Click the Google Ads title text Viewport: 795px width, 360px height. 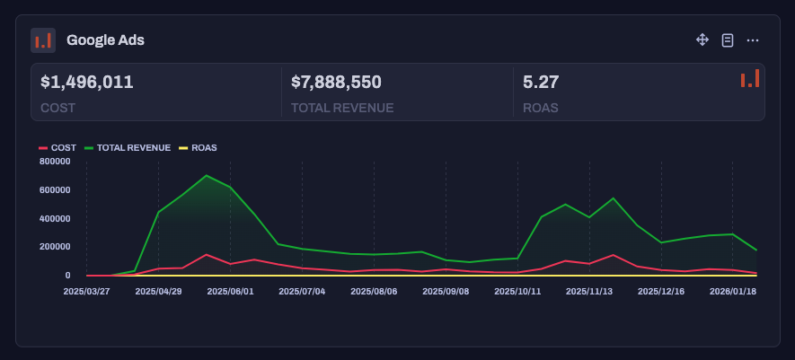click(105, 40)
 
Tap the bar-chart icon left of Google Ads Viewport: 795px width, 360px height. click(43, 40)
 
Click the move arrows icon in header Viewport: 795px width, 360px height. click(702, 40)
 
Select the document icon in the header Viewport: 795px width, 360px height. click(728, 40)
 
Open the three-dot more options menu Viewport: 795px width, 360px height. click(753, 40)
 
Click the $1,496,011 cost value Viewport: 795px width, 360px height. click(87, 83)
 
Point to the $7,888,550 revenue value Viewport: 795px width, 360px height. click(336, 83)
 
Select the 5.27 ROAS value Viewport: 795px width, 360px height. click(541, 83)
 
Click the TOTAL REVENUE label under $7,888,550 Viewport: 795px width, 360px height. click(342, 108)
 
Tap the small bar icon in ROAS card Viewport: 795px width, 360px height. click(750, 79)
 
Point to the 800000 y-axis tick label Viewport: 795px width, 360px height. click(55, 162)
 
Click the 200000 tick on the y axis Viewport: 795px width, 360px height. click(55, 247)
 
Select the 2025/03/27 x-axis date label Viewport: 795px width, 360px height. click(86, 292)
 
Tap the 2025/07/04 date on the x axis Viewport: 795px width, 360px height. click(302, 292)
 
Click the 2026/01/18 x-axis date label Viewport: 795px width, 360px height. click(733, 292)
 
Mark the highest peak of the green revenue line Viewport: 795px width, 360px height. click(207, 175)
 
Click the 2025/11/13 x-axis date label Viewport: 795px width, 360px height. click(589, 292)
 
